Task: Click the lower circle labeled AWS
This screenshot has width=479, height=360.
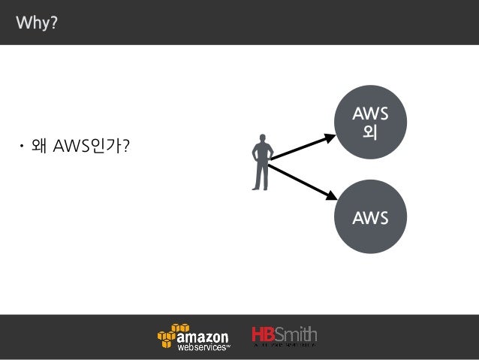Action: point(370,218)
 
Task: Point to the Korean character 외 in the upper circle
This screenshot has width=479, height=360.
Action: point(369,132)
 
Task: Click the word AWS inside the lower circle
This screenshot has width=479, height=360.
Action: point(370,219)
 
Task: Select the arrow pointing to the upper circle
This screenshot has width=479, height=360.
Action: point(304,147)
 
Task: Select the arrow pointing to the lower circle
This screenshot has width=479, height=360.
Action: point(303,181)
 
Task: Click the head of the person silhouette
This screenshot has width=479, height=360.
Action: point(262,140)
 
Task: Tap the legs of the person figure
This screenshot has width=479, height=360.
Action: point(261,178)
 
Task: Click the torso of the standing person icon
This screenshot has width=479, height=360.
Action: point(261,156)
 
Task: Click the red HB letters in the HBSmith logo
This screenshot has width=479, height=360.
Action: point(264,334)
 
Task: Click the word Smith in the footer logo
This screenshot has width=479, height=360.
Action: point(297,334)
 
